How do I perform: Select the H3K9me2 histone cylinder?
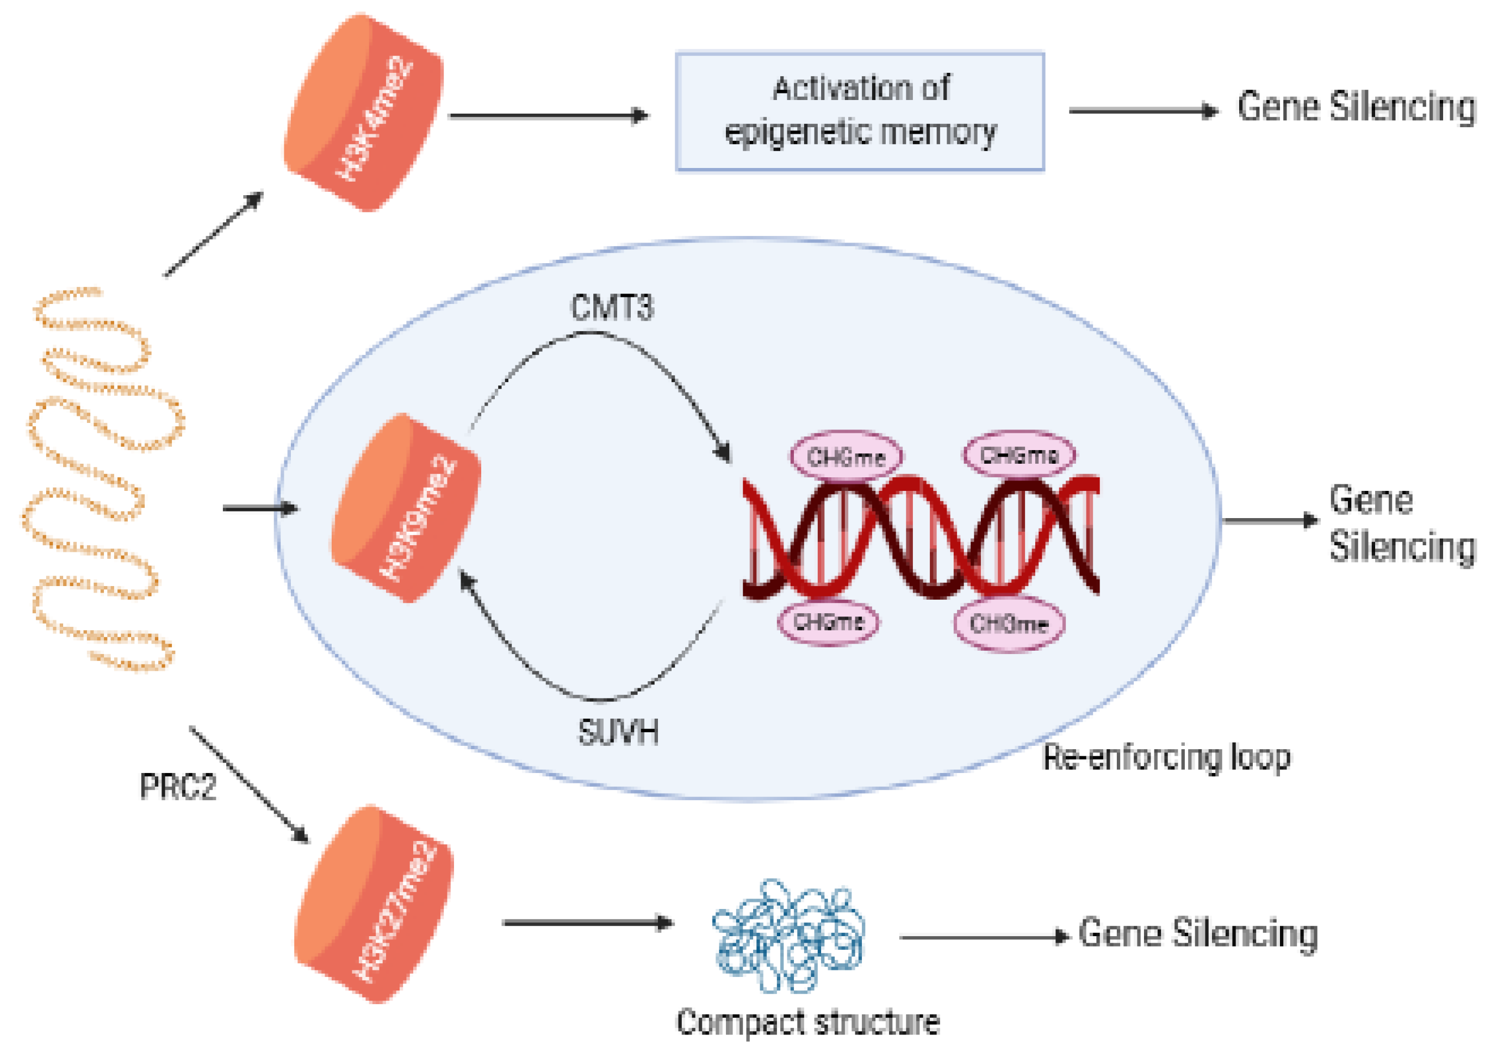(x=406, y=508)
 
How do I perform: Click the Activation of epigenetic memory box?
(x=860, y=111)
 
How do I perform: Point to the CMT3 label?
(x=611, y=307)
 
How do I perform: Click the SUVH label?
(x=618, y=732)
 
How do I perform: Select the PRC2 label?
(x=177, y=786)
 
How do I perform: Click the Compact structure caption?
(x=807, y=1022)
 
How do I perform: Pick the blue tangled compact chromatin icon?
(x=788, y=936)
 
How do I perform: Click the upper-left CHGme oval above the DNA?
(x=846, y=456)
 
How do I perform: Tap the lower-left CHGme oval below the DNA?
(x=828, y=622)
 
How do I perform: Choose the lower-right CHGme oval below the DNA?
(x=1009, y=624)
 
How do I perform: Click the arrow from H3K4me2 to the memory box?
(x=548, y=116)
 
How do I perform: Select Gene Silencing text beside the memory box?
(x=1356, y=107)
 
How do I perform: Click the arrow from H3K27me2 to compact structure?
(x=587, y=923)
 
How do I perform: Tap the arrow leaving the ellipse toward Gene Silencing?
(x=1269, y=520)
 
